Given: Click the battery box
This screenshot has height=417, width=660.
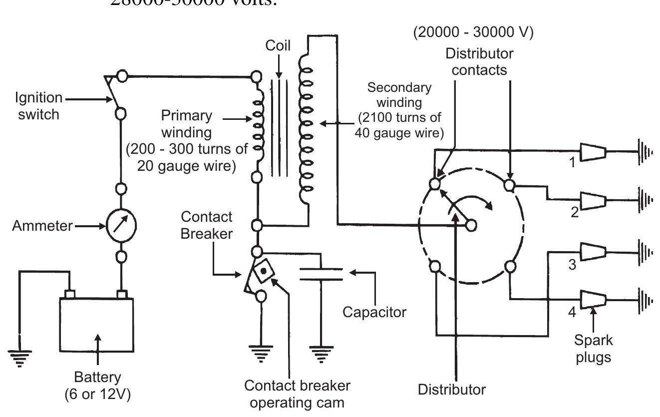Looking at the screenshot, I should click(96, 325).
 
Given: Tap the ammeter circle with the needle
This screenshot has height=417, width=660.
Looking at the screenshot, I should click(121, 226).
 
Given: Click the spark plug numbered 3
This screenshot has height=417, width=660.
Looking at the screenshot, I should click(593, 251).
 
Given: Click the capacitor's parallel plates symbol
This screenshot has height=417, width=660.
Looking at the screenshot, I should click(321, 274).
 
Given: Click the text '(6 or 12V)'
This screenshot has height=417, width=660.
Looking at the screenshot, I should click(97, 394).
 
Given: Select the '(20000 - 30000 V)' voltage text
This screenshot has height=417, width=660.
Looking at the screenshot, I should click(473, 33).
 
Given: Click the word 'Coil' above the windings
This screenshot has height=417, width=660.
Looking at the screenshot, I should click(279, 46).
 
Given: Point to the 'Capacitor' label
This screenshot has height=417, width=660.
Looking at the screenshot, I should click(374, 312).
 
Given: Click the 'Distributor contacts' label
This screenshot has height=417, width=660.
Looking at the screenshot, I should click(479, 61).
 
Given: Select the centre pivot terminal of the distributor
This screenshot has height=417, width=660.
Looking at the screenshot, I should click(470, 226).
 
